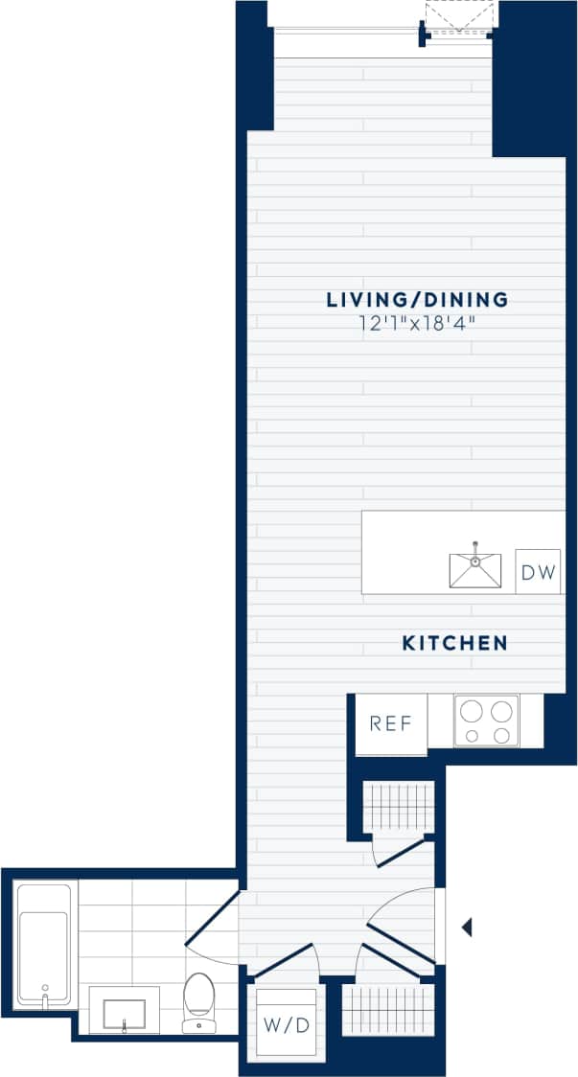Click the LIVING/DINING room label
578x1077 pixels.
tap(417, 300)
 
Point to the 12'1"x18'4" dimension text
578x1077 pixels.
tap(417, 324)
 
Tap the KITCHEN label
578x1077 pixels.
tap(453, 643)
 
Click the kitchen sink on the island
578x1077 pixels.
tap(474, 569)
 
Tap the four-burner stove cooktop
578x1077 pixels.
tap(486, 722)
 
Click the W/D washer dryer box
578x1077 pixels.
tap(286, 1025)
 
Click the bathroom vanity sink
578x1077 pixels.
tap(124, 1011)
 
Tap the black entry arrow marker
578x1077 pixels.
tap(467, 928)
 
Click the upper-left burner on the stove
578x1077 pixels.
tap(472, 711)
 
